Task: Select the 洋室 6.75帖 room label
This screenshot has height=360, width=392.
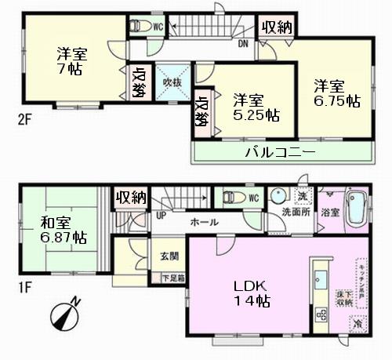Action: click(336, 93)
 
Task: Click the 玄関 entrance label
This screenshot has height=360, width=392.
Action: click(169, 256)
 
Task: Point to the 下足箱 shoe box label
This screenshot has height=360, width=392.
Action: click(172, 278)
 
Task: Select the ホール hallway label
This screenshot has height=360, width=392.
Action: click(206, 222)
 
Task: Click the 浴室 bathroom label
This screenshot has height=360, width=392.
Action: click(330, 212)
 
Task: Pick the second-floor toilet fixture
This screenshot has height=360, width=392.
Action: click(140, 26)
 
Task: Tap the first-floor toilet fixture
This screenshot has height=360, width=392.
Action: click(233, 197)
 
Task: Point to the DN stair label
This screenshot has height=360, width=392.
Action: click(244, 43)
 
